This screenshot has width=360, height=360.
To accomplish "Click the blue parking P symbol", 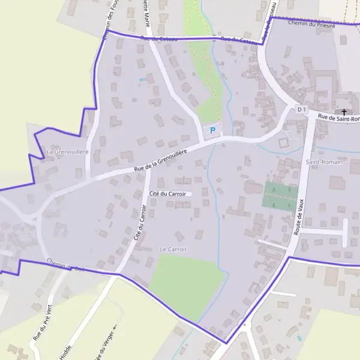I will click(212, 130).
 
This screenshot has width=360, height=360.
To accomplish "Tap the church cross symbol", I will click(344, 112).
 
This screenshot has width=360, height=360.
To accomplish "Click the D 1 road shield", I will click(302, 109).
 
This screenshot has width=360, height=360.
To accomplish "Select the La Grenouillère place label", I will click(67, 152).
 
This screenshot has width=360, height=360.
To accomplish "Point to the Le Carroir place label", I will click(173, 249).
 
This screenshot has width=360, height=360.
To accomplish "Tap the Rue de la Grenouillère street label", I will click(160, 161).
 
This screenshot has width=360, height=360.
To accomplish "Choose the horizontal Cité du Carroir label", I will click(168, 194).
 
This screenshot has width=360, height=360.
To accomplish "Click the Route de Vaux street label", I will click(300, 216).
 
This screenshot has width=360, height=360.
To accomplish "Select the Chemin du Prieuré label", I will click(310, 24).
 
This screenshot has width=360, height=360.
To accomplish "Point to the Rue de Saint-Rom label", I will click(338, 118).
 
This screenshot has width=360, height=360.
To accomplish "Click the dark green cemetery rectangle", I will click(280, 195).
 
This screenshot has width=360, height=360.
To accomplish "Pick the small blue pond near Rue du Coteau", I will click(142, 79).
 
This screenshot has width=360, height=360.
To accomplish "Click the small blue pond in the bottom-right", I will click(299, 338).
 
